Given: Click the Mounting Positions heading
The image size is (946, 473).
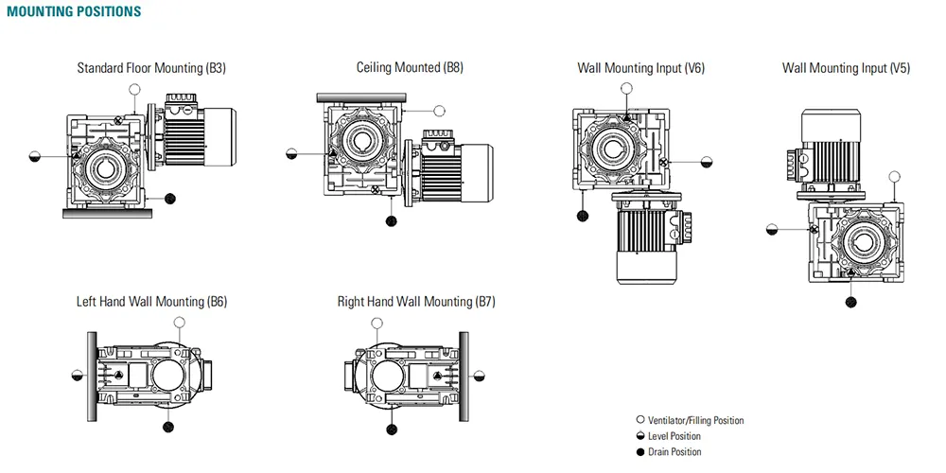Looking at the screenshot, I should point(74,12).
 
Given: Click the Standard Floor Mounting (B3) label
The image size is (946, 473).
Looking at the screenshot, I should point(151,68).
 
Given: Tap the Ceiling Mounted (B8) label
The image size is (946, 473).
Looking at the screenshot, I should point(410,67).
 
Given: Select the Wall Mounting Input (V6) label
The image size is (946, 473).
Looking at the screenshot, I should point(640,68).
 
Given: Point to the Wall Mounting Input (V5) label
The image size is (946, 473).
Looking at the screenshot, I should point(846,68).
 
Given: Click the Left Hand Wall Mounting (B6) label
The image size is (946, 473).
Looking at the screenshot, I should point(151,302).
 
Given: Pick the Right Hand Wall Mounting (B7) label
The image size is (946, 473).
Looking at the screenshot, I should point(416,302).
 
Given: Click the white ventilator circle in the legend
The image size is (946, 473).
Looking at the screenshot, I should point(640,420).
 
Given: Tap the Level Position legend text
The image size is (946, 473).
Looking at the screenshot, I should point(674,436).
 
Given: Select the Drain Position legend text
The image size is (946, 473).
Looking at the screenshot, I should point(674,452).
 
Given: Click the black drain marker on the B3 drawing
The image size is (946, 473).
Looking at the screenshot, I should point(170,198).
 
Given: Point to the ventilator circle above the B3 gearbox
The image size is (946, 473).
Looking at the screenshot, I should point(135,89).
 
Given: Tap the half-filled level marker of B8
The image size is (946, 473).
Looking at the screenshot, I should point(292,153).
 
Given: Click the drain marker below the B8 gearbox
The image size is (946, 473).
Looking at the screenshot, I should point(392,221).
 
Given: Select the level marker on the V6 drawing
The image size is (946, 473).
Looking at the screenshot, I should point(706,162).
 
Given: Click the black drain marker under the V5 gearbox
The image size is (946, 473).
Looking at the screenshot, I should point(851,302).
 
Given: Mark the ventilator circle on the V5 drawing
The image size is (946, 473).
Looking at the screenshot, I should point(895,176).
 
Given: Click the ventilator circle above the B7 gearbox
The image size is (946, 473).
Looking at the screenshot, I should point(377,324).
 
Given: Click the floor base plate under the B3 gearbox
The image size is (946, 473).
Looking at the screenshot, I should point(107,213).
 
